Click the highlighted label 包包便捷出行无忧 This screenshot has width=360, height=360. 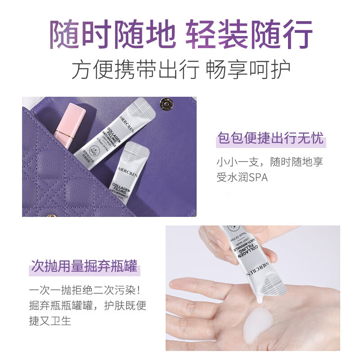point(270,138)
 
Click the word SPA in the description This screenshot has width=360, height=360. point(258,177)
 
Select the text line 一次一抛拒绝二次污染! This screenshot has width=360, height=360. point(87,290)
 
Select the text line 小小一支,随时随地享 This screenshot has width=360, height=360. point(270,161)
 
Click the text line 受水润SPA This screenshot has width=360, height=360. point(242,177)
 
